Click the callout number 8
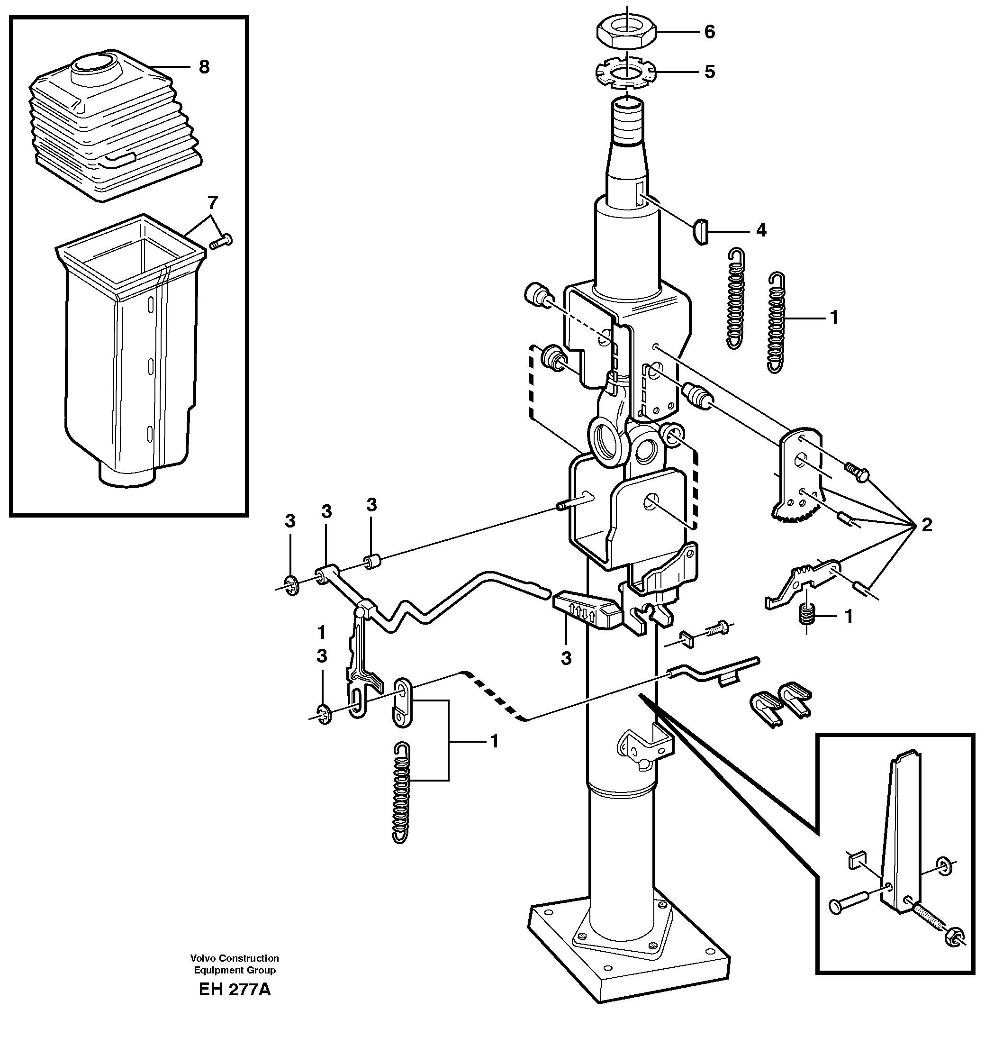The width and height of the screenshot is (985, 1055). [x=204, y=67]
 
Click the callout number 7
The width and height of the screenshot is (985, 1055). [x=212, y=202]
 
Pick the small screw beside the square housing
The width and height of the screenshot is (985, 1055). [x=221, y=243]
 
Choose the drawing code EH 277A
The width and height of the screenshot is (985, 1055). [x=235, y=990]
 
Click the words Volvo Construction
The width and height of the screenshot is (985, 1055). [x=235, y=958]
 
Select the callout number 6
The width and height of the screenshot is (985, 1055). [x=709, y=32]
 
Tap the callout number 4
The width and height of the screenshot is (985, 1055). [x=761, y=230]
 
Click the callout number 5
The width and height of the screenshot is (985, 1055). [x=710, y=72]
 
